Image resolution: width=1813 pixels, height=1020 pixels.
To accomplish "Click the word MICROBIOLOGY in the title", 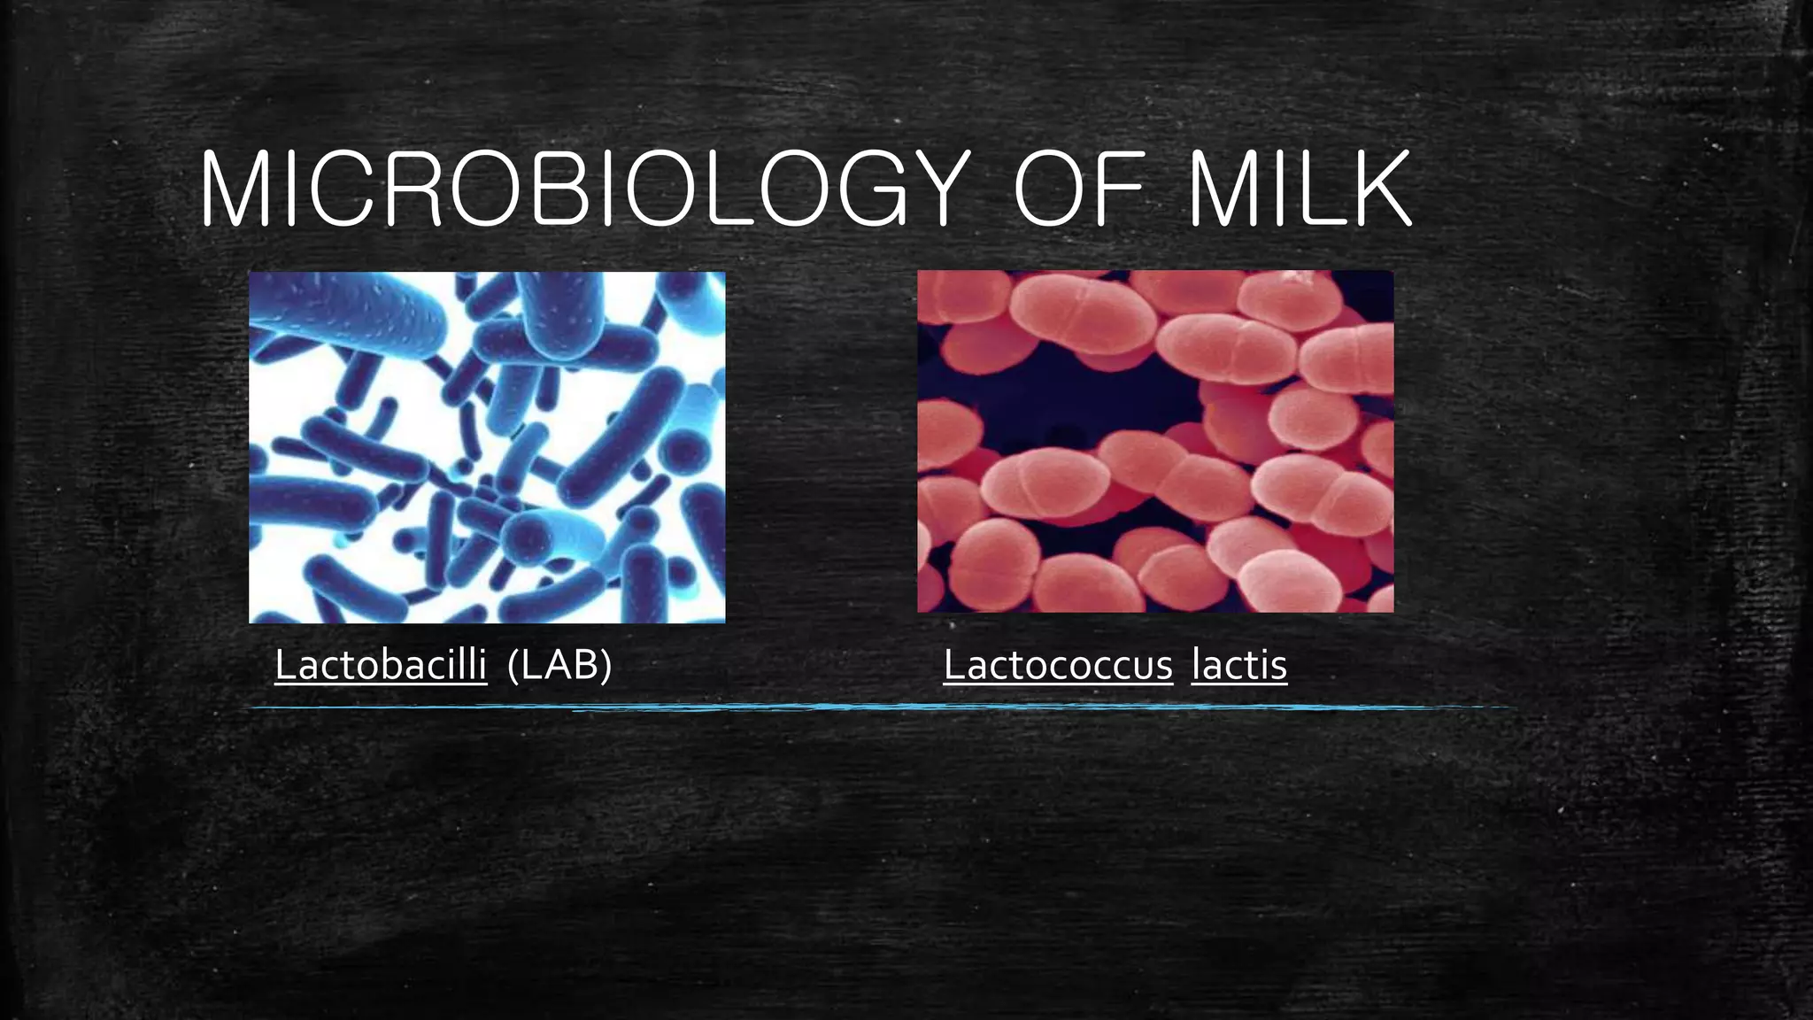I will coord(584,189).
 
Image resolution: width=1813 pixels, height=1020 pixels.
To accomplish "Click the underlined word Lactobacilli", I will coord(381,664).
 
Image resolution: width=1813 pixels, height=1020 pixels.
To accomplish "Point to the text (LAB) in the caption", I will coord(559,664).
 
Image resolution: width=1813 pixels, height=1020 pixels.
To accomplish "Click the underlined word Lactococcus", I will coord(1058,664).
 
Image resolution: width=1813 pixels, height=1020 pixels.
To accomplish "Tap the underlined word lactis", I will coord(1239,664).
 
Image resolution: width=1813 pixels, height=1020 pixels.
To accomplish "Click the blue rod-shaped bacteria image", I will coord(487,447).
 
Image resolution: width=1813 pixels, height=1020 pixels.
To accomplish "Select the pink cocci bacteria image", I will coord(1155,441).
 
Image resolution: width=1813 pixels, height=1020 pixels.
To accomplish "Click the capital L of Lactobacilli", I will coord(284,664).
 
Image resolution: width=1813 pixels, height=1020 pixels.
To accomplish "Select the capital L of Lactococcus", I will coord(953,664).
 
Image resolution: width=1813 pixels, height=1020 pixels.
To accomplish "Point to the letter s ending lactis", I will coord(1278,666).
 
